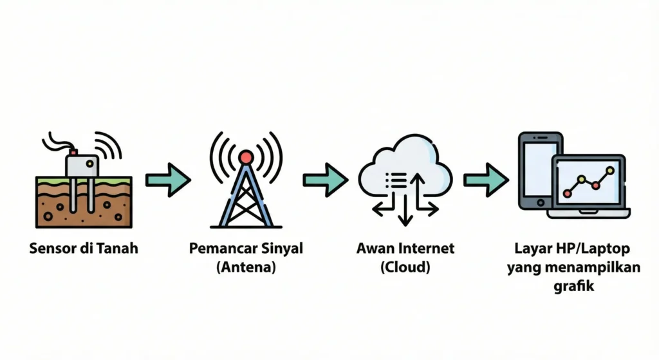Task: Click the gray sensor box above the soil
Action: [82, 166]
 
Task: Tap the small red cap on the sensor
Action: [73, 152]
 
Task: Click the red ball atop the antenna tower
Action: [245, 156]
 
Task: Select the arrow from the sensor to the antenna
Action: [168, 179]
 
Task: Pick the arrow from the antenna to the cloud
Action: [325, 179]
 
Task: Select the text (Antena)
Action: [245, 267]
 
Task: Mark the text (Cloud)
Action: [405, 267]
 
